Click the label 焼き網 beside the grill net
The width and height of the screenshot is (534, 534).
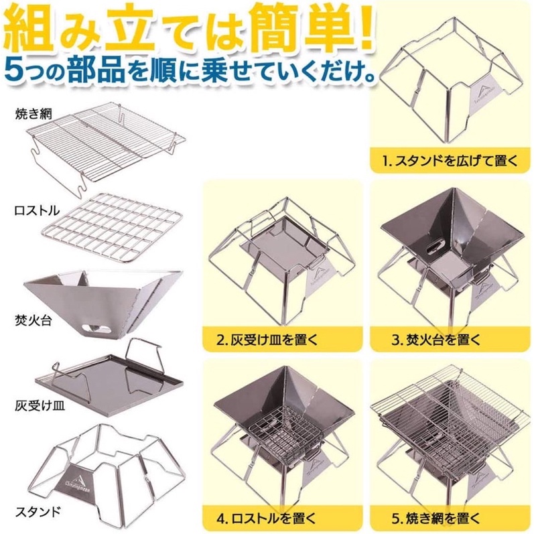pos(34,113)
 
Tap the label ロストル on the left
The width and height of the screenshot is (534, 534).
pos(37,210)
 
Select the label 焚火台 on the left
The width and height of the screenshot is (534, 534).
pos(34,320)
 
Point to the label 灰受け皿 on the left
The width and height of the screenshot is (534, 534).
pos(40,405)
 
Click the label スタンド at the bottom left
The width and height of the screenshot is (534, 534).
pos(38,511)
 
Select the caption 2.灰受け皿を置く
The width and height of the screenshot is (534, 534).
pos(267,340)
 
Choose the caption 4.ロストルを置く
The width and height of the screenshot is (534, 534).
pos(266,519)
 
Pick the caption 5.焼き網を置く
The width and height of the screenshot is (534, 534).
pos(436,519)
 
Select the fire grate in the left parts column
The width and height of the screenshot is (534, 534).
pos(113,226)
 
